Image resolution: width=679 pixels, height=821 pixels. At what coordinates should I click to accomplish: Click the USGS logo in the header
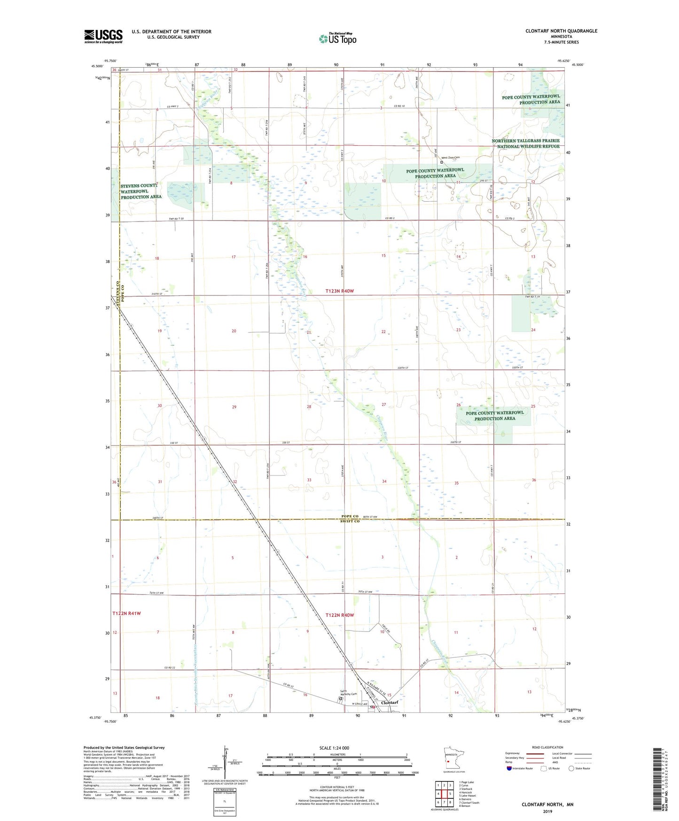[103, 36]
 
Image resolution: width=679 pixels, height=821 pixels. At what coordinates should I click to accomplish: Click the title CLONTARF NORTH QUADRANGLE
[561, 31]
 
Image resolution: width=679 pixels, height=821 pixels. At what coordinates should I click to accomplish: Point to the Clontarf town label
[390, 703]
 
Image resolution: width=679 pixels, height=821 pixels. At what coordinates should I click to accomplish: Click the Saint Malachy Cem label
[348, 693]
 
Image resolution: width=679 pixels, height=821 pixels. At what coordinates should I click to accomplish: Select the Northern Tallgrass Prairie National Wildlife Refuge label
[526, 143]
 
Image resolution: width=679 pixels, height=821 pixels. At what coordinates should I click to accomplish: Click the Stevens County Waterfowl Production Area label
[140, 191]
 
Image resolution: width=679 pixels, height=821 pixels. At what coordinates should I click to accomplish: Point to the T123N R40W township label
[339, 291]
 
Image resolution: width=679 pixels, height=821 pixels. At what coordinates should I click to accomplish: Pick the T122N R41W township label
[126, 613]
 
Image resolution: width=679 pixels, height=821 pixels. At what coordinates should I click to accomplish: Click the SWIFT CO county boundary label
[350, 521]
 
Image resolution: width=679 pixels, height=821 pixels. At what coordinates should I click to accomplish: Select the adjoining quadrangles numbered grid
[444, 794]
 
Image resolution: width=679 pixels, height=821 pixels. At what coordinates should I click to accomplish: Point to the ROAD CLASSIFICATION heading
[547, 747]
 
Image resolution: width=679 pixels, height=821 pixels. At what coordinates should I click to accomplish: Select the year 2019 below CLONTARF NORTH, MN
[547, 812]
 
